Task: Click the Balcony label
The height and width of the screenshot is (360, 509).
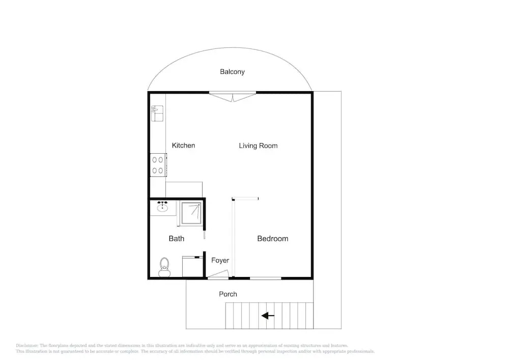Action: (232, 72)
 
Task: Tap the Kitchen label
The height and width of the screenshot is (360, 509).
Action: (183, 146)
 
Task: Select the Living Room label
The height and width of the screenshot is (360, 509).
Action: (258, 146)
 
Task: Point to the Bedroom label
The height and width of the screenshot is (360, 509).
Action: (273, 239)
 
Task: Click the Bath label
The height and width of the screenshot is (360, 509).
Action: (176, 239)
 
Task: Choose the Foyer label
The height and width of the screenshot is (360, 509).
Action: (220, 260)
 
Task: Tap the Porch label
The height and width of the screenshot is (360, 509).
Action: (228, 294)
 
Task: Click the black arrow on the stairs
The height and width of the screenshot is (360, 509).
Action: (268, 316)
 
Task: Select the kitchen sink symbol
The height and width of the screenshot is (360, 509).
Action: (157, 113)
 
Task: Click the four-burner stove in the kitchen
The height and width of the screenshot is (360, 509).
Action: (158, 165)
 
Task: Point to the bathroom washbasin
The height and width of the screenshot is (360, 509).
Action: (162, 206)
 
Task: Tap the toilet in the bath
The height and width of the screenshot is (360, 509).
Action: (164, 267)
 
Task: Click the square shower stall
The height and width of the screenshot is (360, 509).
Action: (191, 213)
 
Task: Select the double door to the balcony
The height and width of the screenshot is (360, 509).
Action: (233, 97)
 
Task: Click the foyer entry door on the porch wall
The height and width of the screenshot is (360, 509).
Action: (218, 275)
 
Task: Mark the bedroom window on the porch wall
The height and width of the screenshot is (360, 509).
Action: (266, 278)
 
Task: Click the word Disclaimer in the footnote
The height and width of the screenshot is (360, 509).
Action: (27, 346)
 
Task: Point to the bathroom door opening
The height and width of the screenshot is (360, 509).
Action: (205, 240)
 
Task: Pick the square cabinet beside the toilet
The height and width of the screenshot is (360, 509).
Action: (192, 266)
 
